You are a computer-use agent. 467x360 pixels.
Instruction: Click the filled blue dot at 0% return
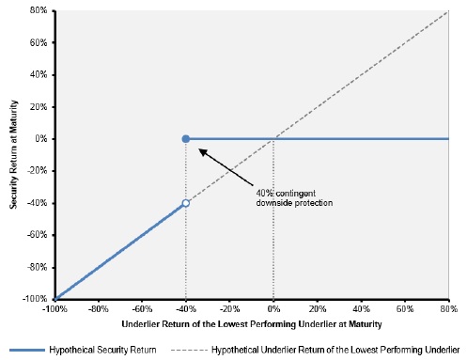click(186, 139)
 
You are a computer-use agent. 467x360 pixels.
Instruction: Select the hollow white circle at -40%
click(186, 203)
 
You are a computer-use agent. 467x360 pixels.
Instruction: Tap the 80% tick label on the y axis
click(39, 10)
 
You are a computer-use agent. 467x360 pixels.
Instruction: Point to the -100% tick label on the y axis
click(35, 299)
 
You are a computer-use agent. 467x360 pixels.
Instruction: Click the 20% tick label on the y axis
click(39, 107)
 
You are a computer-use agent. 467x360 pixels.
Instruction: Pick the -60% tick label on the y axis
click(37, 235)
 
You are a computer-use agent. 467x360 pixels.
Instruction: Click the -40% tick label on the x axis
click(186, 309)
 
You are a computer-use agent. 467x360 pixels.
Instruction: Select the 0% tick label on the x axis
click(273, 309)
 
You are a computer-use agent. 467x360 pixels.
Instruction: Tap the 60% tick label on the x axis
click(405, 309)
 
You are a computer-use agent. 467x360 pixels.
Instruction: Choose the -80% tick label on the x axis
click(99, 309)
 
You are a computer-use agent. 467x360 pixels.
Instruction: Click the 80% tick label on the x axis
click(449, 309)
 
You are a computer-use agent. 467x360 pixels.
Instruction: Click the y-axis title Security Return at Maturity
click(13, 154)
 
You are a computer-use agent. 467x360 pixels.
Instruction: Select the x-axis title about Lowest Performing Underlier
click(252, 324)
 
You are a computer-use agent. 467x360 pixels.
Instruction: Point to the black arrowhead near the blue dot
click(203, 152)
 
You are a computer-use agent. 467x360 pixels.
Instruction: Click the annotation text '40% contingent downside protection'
click(294, 198)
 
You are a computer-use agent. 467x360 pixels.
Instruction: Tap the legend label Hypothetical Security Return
click(102, 350)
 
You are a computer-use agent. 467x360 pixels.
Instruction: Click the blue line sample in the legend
click(27, 350)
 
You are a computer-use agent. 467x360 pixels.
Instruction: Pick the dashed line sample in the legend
click(189, 350)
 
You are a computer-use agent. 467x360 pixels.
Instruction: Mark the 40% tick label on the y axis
click(39, 74)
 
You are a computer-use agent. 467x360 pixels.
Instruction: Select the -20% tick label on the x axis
click(229, 309)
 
